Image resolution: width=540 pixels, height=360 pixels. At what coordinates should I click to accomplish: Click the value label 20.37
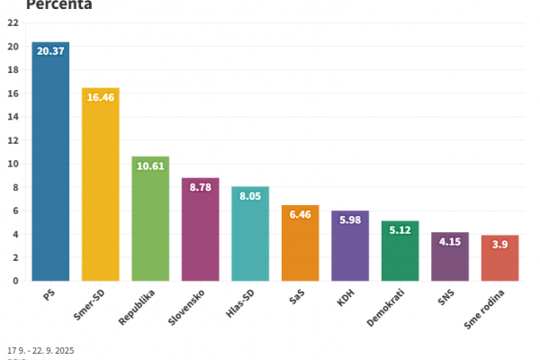(50, 51)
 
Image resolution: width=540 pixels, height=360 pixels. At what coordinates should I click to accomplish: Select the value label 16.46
(100, 97)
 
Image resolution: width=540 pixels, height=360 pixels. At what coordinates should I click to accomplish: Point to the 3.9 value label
(499, 245)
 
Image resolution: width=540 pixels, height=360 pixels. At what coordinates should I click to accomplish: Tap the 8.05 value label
(250, 196)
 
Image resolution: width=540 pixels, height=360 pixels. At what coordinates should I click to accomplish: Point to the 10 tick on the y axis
(13, 164)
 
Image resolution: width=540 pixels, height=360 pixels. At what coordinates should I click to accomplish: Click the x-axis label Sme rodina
(487, 311)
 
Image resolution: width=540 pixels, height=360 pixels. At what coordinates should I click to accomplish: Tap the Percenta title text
(58, 4)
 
